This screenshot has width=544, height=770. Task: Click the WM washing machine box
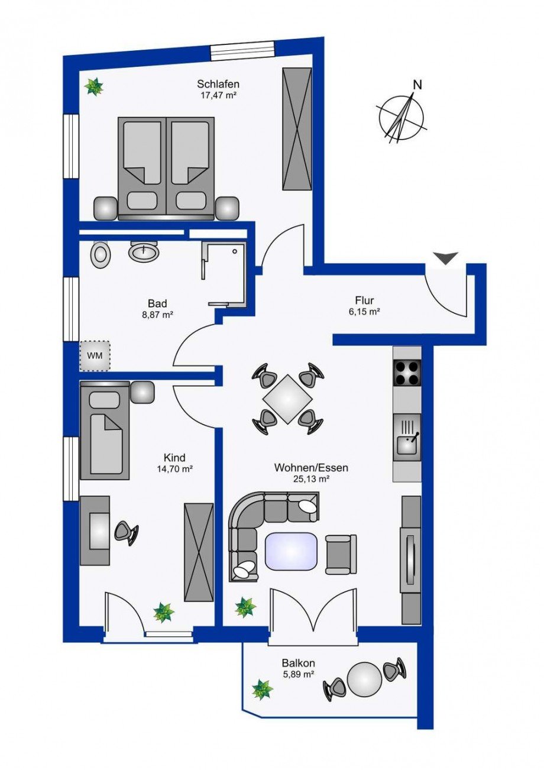click(x=95, y=355)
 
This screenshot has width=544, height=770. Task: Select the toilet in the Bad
click(x=102, y=254)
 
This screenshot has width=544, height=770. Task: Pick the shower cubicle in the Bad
click(x=222, y=273)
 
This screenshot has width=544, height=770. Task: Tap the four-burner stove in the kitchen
click(x=407, y=372)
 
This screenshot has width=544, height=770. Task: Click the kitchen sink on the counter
click(x=407, y=438)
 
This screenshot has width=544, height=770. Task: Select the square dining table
click(x=287, y=399)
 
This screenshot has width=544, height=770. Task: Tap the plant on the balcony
click(x=262, y=690)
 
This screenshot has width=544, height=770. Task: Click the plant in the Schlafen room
click(x=93, y=88)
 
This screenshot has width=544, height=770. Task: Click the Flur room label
click(x=364, y=300)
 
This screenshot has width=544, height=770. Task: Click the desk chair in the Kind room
click(x=126, y=531)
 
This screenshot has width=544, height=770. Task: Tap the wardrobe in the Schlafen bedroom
click(x=297, y=128)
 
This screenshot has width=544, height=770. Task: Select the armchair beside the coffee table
click(x=341, y=554)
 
